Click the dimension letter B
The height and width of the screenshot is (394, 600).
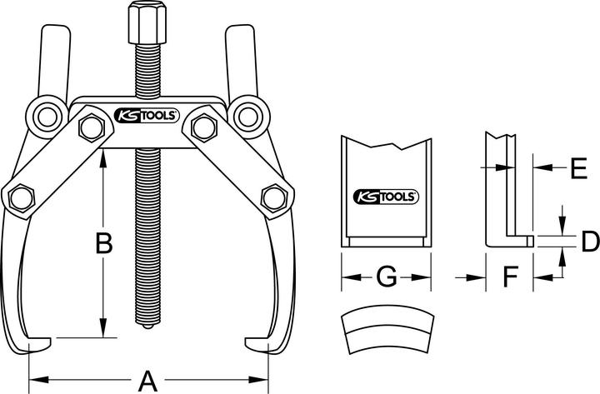point(103,244)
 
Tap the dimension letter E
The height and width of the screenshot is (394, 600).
point(577,167)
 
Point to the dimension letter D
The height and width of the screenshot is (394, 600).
point(588,242)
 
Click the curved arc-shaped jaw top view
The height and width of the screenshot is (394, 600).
point(389,336)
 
